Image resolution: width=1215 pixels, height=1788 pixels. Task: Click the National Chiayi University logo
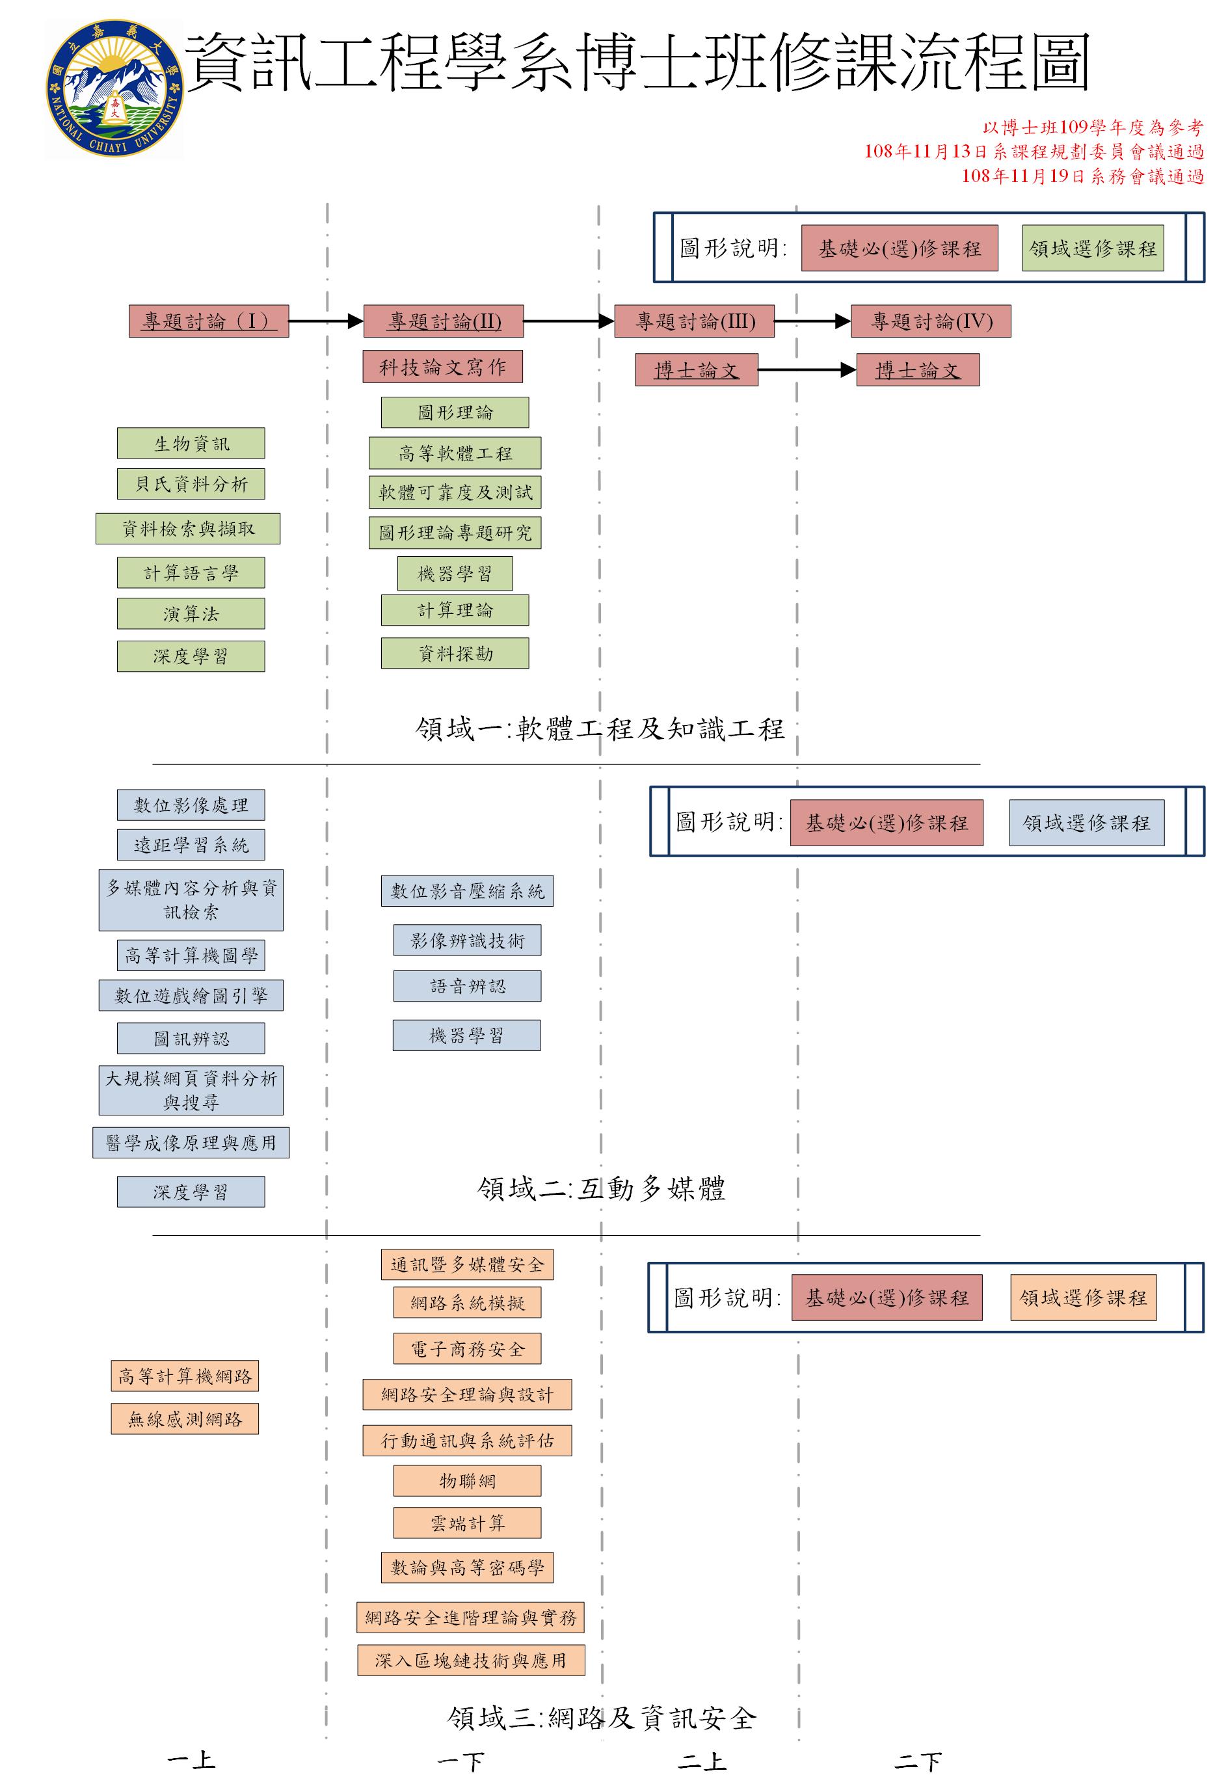114,89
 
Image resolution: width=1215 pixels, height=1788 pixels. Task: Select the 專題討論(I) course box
209,321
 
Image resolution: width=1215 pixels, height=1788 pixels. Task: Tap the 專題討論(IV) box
930,321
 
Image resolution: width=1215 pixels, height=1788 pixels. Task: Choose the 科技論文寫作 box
442,367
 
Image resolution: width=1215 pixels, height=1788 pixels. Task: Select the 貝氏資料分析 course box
191,484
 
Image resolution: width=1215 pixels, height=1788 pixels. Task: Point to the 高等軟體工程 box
455,453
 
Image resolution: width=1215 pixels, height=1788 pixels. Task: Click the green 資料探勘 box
455,653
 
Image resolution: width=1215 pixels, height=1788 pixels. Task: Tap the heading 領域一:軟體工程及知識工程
600,728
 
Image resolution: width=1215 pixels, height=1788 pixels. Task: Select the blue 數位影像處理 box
191,805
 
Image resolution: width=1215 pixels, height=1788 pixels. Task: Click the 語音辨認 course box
467,986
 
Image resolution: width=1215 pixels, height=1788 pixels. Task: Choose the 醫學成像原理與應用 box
191,1143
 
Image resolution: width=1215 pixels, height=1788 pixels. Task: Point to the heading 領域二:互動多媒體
601,1189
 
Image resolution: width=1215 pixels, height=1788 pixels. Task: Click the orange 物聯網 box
467,1480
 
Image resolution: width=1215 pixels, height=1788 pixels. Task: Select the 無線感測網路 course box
185,1419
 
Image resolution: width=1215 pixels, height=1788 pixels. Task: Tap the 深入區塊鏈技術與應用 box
471,1661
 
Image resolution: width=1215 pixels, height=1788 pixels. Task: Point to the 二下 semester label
917,1761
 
